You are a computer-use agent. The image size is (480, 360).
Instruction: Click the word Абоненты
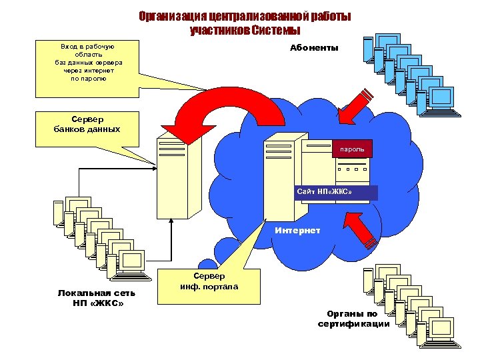coord(314,48)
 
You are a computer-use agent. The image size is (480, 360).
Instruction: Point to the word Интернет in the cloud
coord(297,231)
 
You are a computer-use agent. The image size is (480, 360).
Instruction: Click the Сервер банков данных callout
coord(87,124)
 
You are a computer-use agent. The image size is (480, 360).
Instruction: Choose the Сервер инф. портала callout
coord(209,281)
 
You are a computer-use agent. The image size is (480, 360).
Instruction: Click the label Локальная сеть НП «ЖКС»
coord(96,298)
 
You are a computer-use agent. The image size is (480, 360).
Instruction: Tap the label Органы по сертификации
coord(353,319)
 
